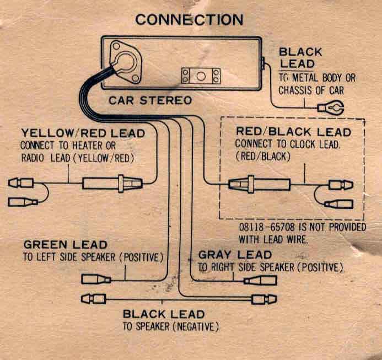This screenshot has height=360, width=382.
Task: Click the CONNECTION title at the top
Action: click(x=189, y=20)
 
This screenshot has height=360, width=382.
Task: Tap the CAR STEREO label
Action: click(x=150, y=100)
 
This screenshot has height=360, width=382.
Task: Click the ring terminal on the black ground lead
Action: click(x=331, y=108)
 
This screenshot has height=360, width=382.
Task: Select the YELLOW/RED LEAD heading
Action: click(x=83, y=133)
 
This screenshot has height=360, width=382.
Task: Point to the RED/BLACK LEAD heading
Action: click(x=294, y=132)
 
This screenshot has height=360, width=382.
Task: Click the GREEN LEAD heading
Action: click(x=66, y=244)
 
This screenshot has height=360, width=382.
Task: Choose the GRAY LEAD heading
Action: click(x=235, y=255)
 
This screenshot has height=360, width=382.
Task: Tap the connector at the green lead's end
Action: click(x=96, y=280)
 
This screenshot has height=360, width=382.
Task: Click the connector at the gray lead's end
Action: click(x=260, y=281)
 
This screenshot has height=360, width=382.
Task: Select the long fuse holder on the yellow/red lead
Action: click(x=112, y=184)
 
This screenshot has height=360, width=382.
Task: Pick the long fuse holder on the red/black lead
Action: click(x=259, y=184)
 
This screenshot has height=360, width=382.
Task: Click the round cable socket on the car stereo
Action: click(x=125, y=62)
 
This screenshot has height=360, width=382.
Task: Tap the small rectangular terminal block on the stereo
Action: click(x=201, y=76)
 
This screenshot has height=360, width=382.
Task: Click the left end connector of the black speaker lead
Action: click(x=94, y=299)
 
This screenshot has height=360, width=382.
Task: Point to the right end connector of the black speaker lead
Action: click(x=265, y=299)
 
